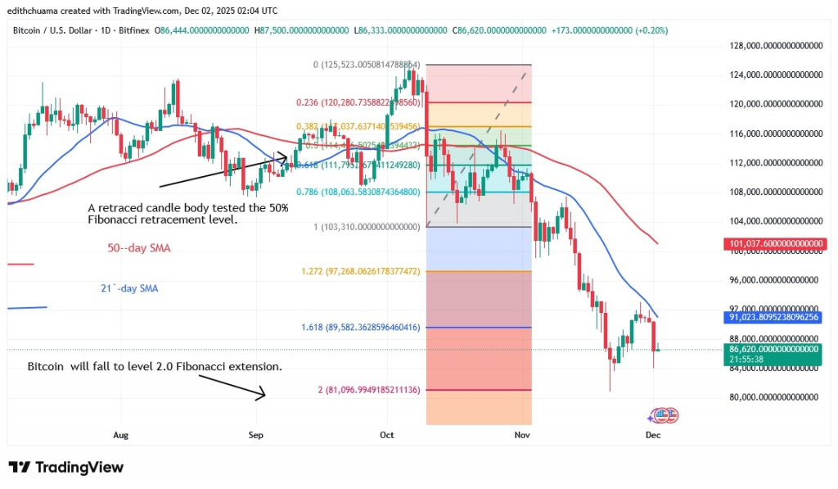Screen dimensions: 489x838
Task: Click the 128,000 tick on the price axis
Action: click(773, 46)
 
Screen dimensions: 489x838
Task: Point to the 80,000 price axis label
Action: click(773, 397)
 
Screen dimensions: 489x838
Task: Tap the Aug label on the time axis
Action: click(121, 435)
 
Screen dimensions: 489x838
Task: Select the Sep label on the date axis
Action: click(256, 435)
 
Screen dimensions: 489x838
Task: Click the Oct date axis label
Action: click(387, 435)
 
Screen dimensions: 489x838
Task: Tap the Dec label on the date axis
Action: click(652, 435)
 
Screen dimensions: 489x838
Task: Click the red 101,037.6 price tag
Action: click(773, 244)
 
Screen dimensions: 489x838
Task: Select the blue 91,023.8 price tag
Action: click(773, 316)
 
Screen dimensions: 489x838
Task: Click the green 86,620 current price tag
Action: click(773, 348)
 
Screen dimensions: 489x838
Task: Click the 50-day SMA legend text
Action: click(139, 247)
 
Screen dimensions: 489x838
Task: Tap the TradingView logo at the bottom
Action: click(66, 467)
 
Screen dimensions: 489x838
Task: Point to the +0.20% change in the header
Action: click(651, 30)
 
